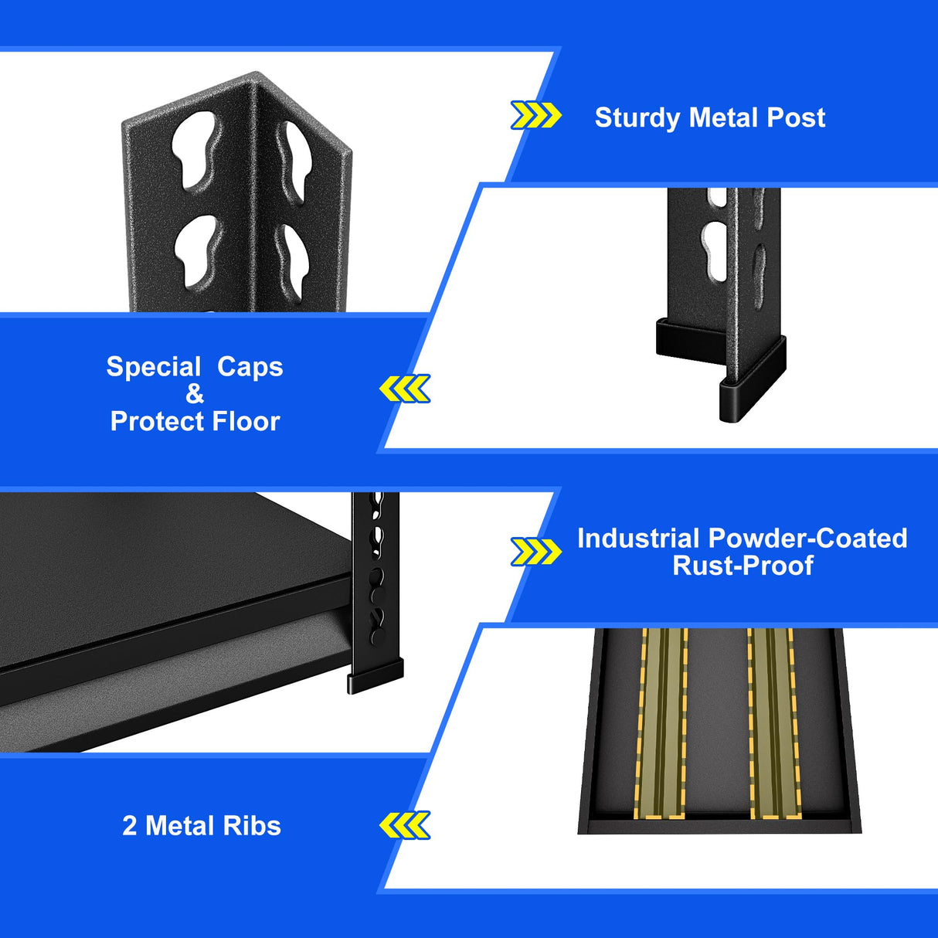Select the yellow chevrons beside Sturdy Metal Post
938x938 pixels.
535,116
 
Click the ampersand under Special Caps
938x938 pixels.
195,394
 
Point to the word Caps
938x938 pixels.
250,367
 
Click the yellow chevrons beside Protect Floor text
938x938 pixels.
405,389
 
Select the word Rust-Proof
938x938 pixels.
743,566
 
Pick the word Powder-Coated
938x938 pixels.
807,539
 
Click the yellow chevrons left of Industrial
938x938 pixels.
535,552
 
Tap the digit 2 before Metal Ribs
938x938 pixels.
129,826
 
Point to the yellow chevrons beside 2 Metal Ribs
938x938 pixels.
405,825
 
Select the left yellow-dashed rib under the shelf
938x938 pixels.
661,722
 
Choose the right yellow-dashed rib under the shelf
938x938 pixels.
770,722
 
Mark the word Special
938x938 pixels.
153,367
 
